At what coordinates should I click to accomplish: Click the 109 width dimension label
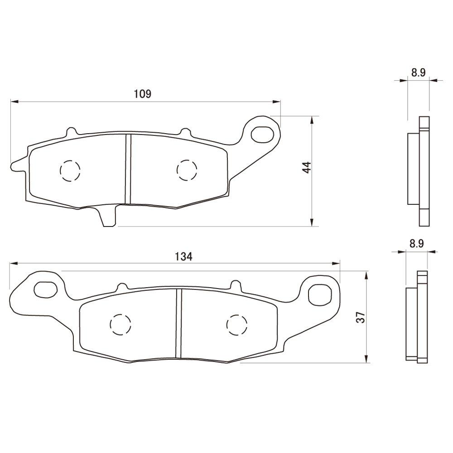pos(142,94)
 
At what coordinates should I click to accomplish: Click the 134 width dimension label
pos(183,256)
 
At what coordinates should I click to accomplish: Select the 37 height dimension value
pos(360,317)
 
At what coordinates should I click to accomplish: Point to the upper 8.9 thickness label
pos(418,73)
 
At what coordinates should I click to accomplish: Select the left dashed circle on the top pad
pos(70,171)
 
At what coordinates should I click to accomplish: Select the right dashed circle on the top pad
pos(187,170)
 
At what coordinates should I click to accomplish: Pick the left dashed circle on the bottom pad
pos(121,324)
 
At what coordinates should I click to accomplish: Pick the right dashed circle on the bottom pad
pos(237,324)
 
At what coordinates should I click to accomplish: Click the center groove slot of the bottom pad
pos(178,323)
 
